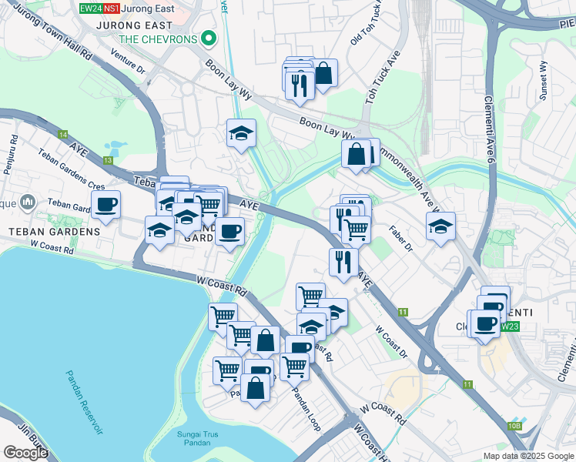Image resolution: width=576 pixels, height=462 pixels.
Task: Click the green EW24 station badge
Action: (x=90, y=8)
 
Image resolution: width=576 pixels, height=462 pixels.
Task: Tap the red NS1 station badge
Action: (x=112, y=8)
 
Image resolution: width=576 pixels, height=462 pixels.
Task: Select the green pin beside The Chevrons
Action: (x=207, y=38)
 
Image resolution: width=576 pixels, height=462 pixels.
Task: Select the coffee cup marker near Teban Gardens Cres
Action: (x=106, y=205)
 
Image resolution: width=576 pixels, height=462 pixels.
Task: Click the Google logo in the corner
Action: (x=25, y=453)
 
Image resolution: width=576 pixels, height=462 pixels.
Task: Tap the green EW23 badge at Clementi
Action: (x=509, y=326)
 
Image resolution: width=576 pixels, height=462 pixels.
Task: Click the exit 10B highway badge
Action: (x=514, y=426)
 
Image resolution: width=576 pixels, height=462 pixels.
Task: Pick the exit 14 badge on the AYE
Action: (x=62, y=135)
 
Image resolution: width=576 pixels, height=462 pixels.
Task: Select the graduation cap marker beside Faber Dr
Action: (x=440, y=226)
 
